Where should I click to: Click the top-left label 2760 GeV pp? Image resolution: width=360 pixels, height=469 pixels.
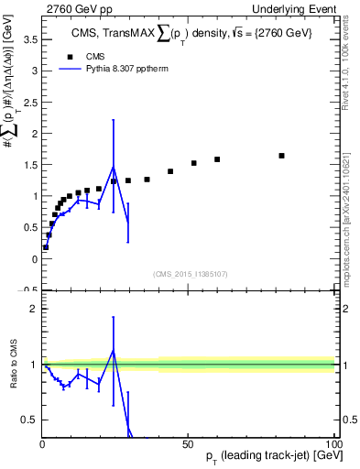pos(75,7)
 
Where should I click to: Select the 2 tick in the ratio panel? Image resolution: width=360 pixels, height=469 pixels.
pos(34,309)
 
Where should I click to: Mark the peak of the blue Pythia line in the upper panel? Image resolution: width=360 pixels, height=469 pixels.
pos(114,167)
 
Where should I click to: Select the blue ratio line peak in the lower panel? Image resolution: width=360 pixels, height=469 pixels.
pos(114,351)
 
